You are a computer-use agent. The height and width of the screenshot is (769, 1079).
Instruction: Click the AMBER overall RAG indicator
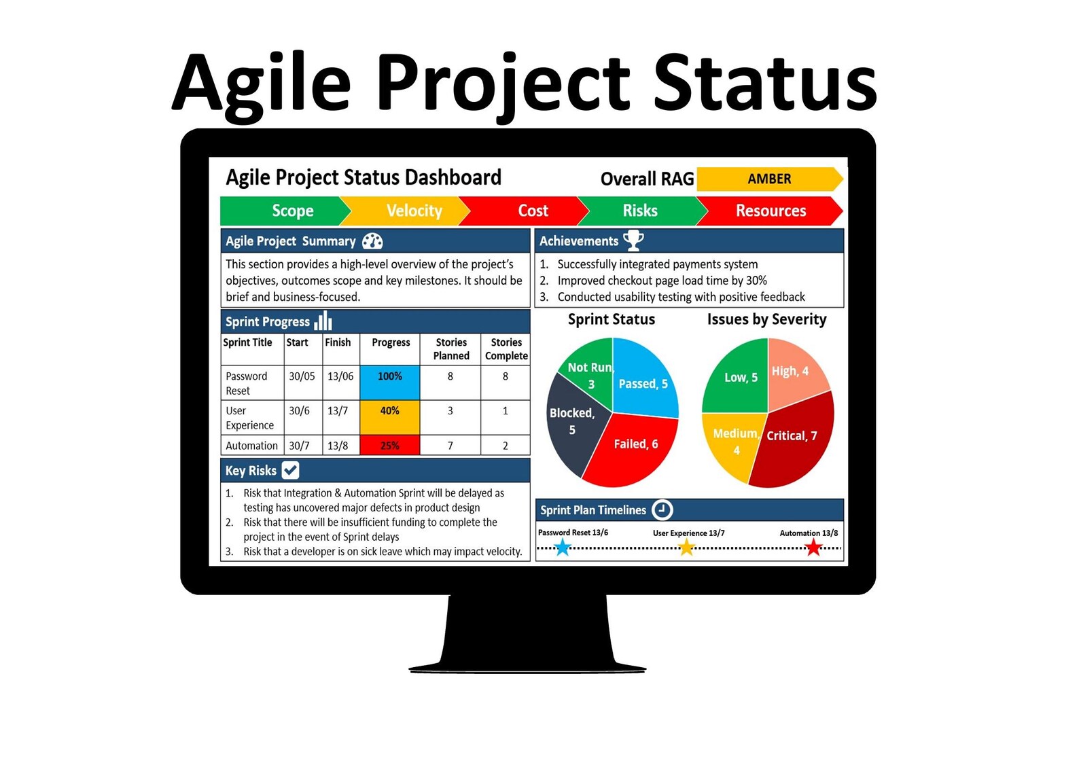pos(769,179)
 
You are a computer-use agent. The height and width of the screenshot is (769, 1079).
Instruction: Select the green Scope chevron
pos(285,211)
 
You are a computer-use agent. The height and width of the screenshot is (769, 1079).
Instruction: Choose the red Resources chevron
pos(771,211)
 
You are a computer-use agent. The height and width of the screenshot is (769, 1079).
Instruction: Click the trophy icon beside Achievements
pos(633,240)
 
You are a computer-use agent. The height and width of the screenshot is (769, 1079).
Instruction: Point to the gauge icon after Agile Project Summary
pos(372,241)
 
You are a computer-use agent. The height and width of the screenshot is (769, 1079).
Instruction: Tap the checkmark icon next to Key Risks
pos(290,470)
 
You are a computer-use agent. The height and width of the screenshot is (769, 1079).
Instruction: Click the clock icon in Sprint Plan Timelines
pos(662,509)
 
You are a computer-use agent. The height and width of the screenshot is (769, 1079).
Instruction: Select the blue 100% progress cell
pos(389,382)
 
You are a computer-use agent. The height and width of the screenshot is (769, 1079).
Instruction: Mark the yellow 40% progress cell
pos(389,417)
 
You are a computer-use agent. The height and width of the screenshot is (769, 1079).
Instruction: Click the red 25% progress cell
pos(389,446)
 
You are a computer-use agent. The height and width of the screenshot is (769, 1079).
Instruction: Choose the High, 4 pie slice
pos(795,374)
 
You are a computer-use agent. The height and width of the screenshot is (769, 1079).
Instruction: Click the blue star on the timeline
pos(563,548)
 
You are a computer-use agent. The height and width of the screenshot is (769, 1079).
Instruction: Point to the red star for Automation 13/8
pos(813,548)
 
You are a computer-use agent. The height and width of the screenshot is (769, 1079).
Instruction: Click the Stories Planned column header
pos(450,349)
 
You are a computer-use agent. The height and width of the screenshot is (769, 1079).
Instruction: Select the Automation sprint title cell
pos(252,446)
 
